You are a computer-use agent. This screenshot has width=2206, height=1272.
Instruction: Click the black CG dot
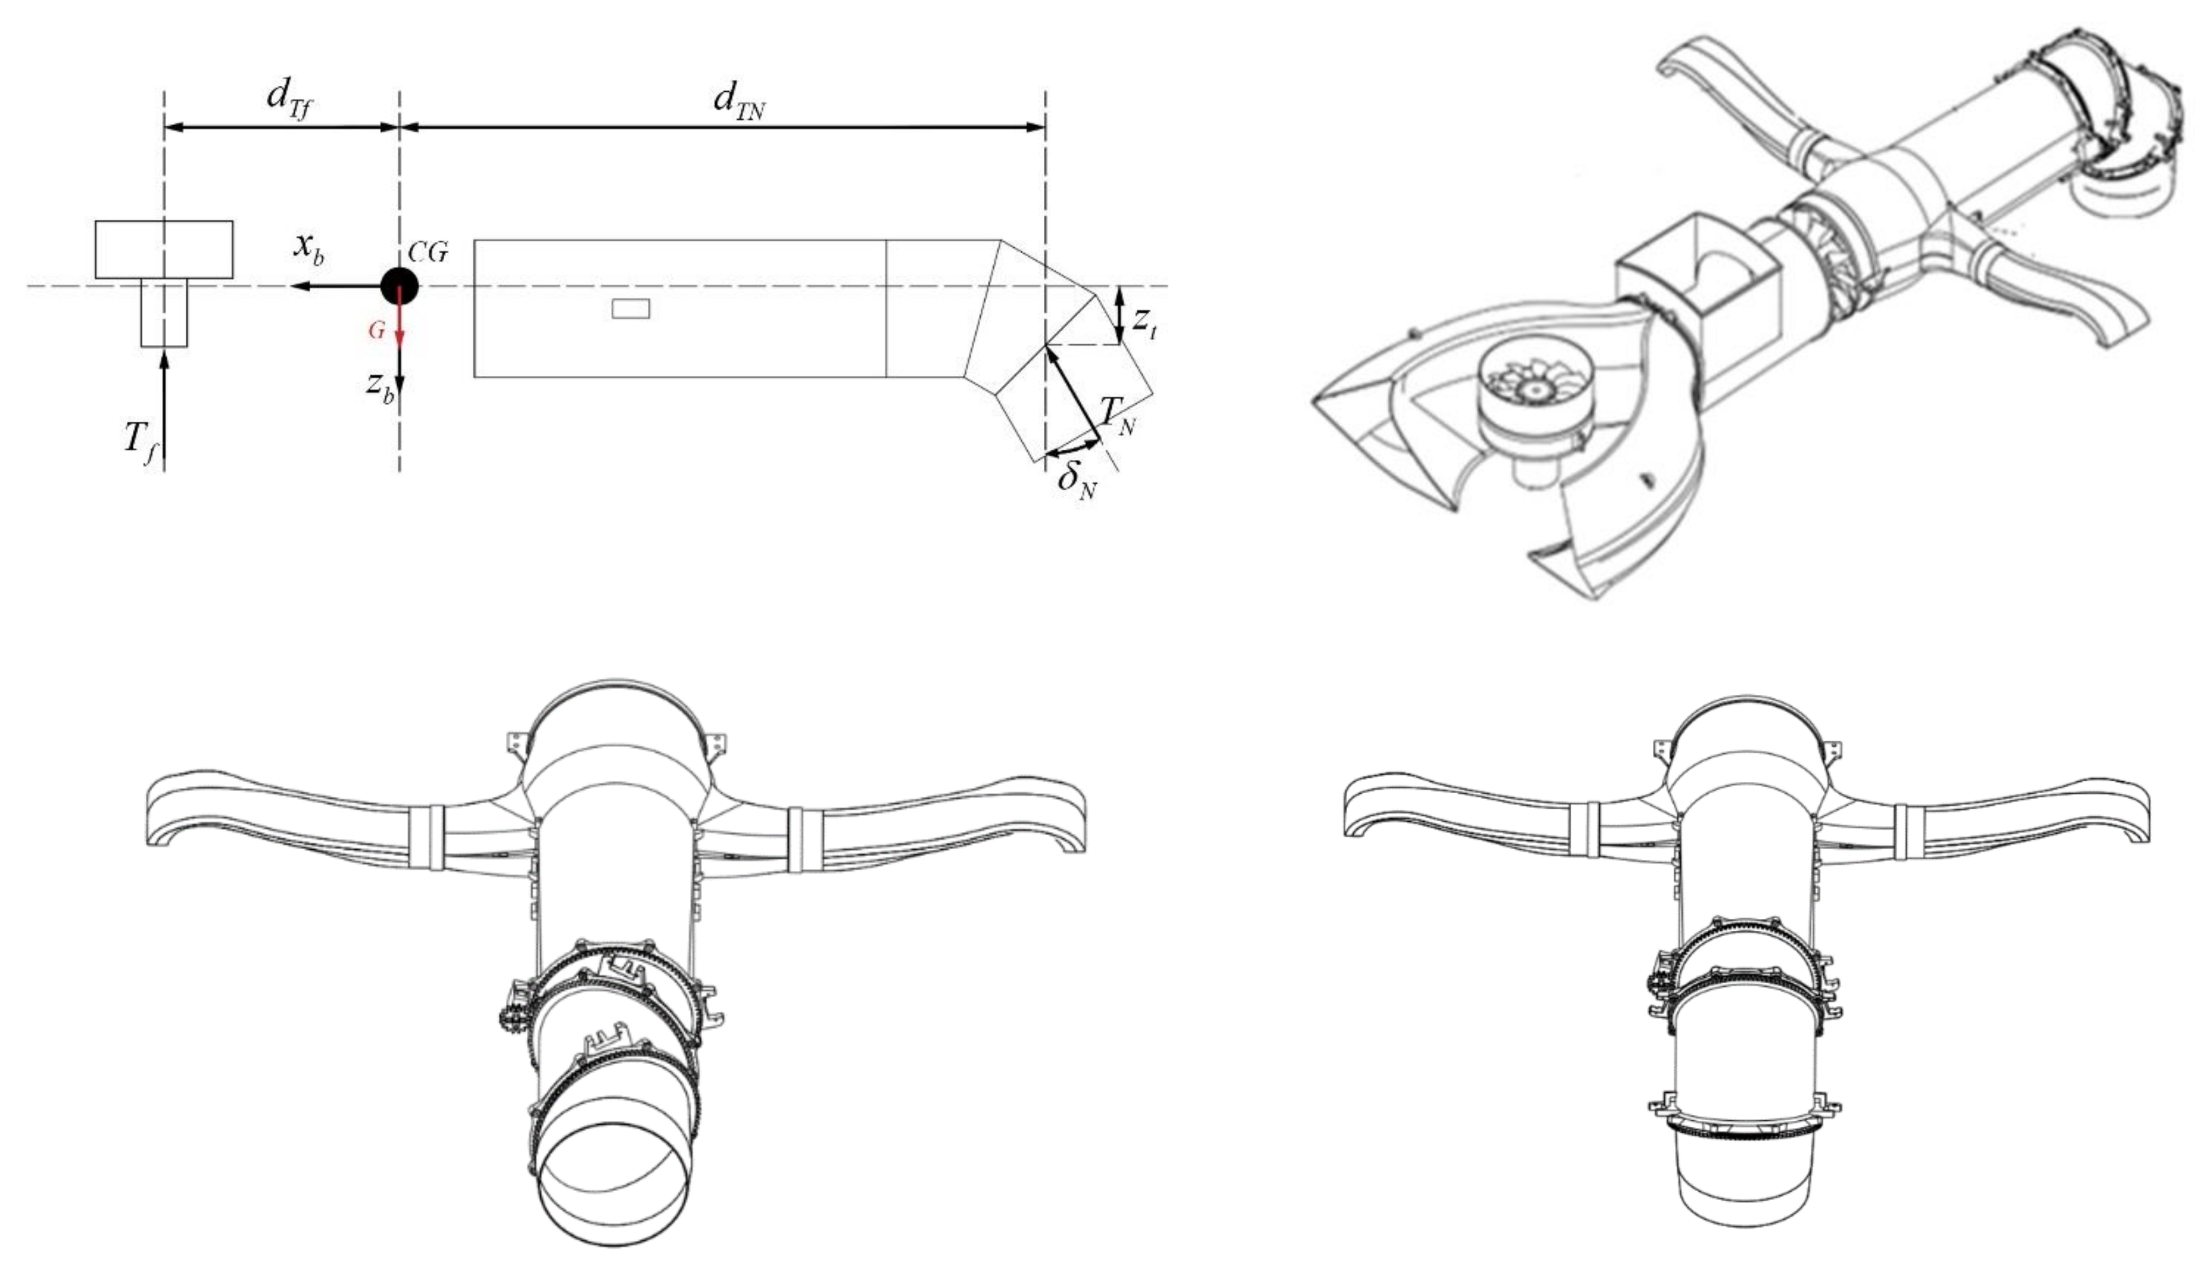(x=399, y=286)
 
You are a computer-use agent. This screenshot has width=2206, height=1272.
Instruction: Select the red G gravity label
(x=376, y=330)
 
